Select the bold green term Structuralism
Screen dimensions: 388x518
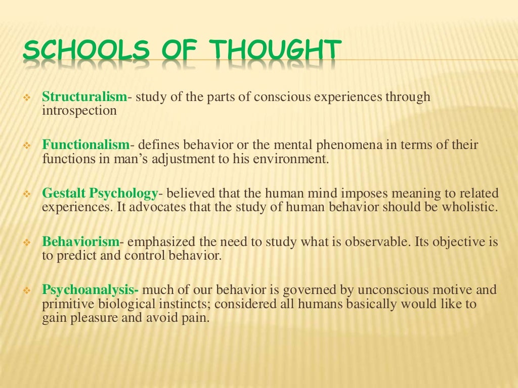(x=84, y=96)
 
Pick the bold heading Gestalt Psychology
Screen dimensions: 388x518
(x=100, y=193)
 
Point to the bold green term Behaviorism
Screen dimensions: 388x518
(x=81, y=241)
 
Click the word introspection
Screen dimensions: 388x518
(x=79, y=110)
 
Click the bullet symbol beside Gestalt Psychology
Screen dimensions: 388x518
(x=28, y=194)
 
